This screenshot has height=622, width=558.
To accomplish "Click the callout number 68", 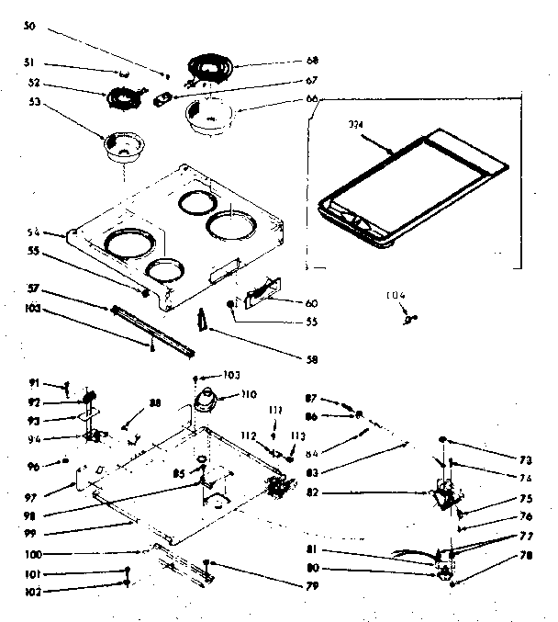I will pos(312,61).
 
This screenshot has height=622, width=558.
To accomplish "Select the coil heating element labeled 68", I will pos(212,67).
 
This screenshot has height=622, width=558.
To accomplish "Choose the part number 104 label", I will pos(396,295).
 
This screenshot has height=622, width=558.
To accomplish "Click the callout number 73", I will pos(525,458).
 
